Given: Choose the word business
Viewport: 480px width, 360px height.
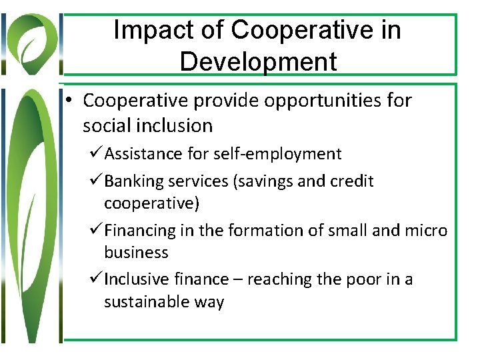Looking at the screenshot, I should point(136,253).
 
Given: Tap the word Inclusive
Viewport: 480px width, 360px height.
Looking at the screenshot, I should point(136,279).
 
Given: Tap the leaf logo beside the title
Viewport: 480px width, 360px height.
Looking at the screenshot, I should point(32,41).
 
